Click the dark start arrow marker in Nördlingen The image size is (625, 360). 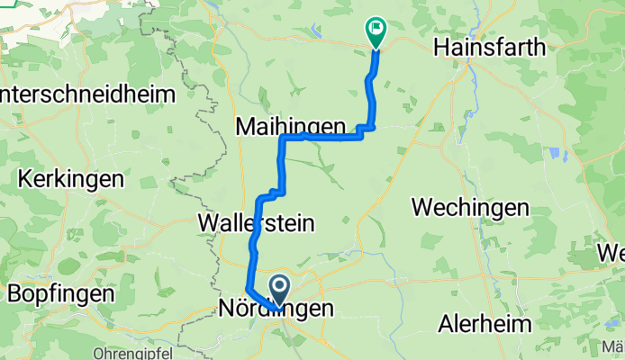(x=280, y=291)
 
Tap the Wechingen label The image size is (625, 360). (x=469, y=207)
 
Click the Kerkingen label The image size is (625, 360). (x=69, y=178)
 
